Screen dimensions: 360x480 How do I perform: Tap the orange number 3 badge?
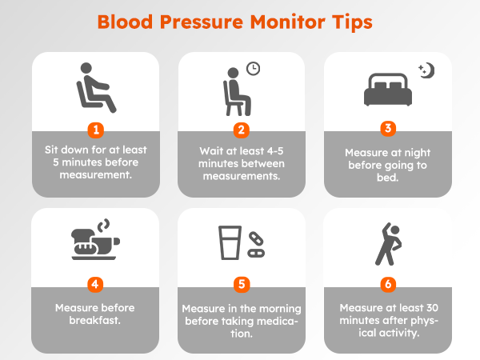[x=386, y=127]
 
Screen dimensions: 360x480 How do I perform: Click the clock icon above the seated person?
[x=253, y=70]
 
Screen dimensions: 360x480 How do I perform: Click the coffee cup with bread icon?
[x=95, y=243]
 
